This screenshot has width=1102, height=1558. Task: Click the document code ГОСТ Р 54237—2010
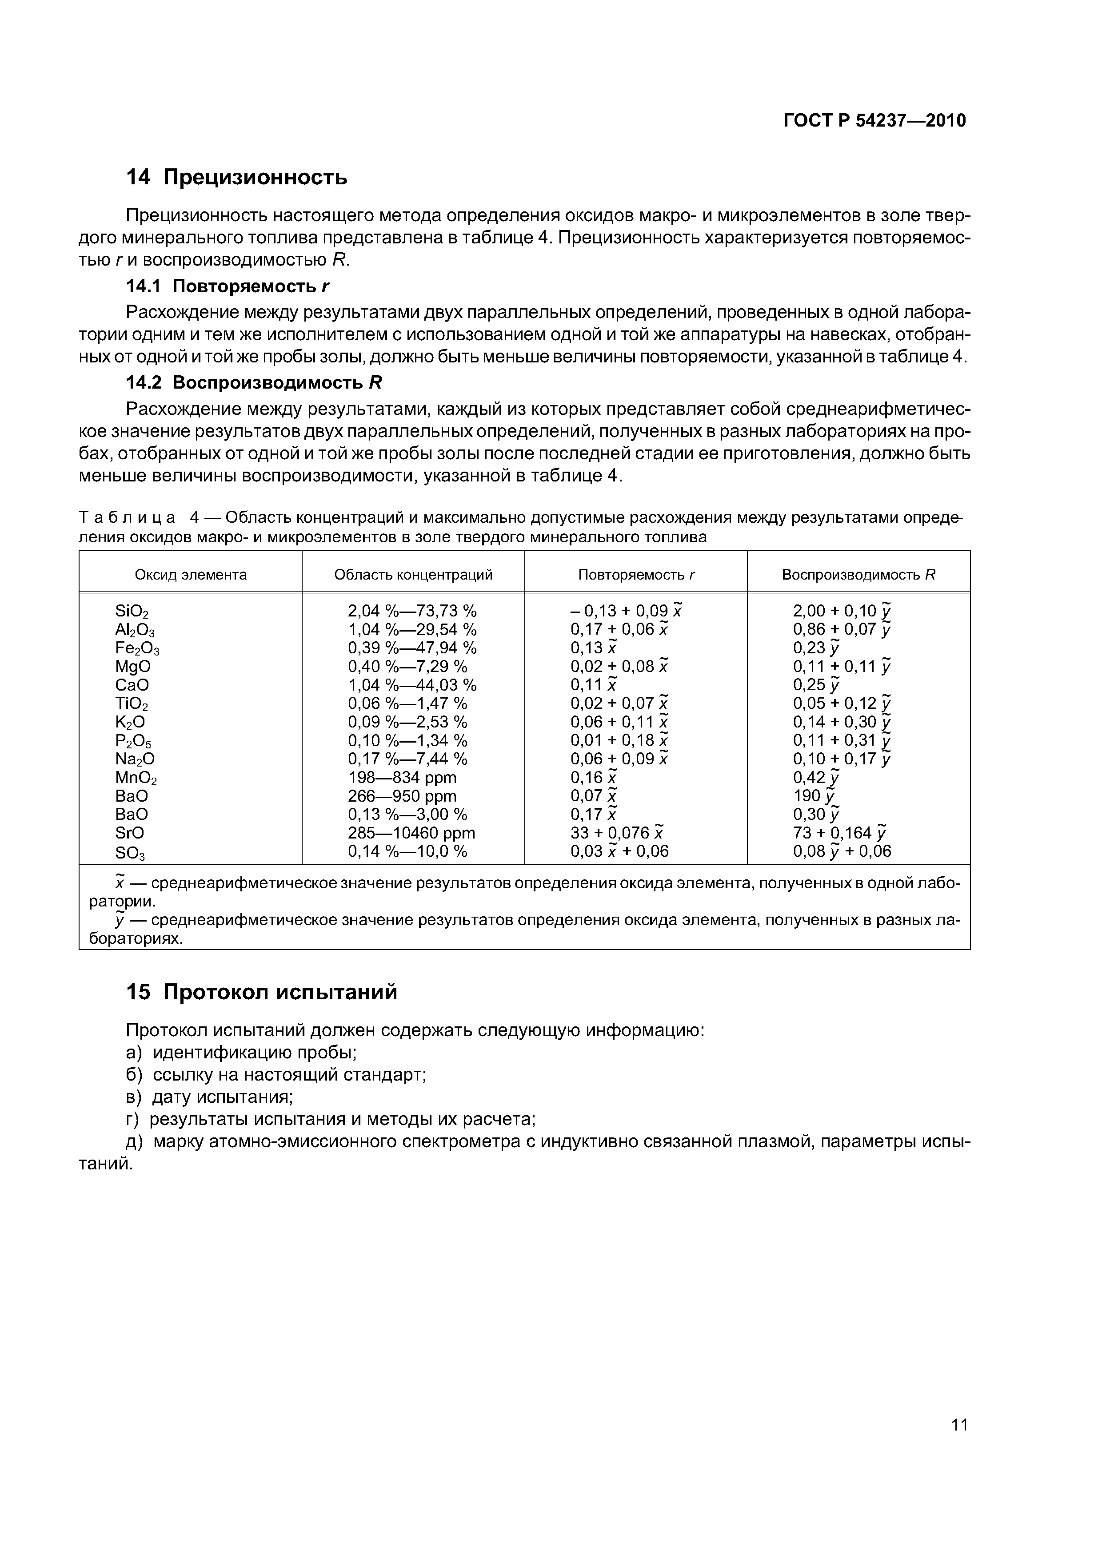[x=874, y=121]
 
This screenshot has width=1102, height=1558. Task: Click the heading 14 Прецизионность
[x=236, y=178]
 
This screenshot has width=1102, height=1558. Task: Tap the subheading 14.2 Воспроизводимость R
[x=254, y=383]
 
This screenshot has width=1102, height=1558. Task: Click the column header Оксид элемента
[x=191, y=575]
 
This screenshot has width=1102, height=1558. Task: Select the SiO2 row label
[x=132, y=612]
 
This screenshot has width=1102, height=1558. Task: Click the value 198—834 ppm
[x=402, y=778]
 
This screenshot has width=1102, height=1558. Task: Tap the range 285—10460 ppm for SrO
[x=411, y=833]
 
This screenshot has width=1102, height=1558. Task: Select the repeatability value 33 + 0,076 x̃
[x=616, y=833]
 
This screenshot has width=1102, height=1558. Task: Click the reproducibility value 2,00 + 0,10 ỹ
[x=841, y=611]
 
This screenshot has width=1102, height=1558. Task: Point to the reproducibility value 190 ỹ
[x=815, y=796]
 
